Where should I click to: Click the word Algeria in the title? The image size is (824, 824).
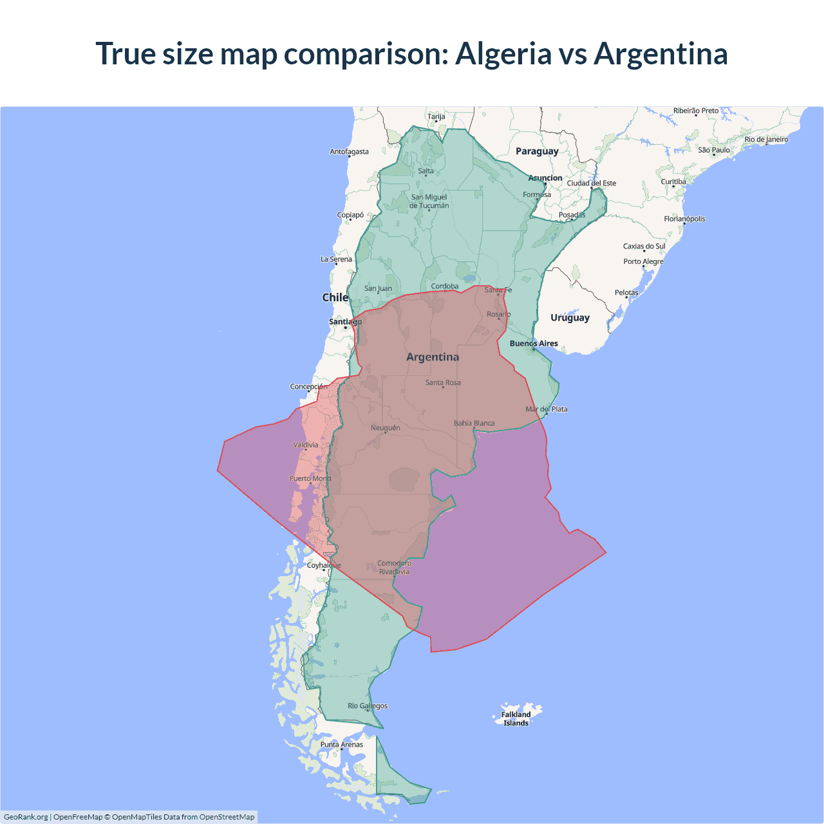point(503,54)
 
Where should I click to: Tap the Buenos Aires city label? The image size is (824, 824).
point(534,344)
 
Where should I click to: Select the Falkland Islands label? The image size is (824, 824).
point(516,718)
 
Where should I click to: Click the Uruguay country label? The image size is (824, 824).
point(570,317)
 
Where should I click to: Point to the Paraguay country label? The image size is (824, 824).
point(537,151)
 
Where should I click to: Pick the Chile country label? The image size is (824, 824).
point(335,297)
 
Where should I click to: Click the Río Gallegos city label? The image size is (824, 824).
point(368,706)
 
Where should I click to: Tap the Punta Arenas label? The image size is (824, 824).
point(342,745)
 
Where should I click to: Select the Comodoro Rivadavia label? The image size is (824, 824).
point(394,567)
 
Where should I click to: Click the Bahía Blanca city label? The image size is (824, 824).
point(474,423)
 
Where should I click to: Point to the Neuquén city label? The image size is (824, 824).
point(385,427)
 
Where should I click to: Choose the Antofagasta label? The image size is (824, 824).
point(349,152)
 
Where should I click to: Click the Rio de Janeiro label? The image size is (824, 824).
point(766,139)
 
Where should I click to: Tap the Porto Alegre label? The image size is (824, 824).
point(642,261)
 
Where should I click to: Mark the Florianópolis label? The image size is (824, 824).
point(684,219)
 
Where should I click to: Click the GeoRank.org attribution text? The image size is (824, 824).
point(26,817)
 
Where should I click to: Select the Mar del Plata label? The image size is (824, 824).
point(547,409)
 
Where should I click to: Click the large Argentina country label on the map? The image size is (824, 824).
point(433,357)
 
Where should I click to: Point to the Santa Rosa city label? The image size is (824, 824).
point(443,382)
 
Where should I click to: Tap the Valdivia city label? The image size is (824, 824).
point(306,445)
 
